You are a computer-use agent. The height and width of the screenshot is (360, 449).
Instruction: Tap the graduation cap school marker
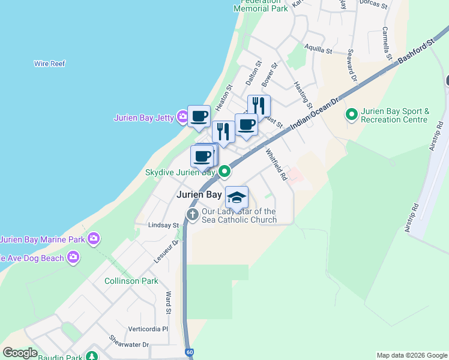(237, 197)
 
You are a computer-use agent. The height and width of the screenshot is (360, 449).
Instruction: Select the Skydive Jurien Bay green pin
(224, 172)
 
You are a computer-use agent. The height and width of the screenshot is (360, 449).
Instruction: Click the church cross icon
(193, 215)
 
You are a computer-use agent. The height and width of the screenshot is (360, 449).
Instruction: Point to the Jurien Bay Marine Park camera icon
(93, 239)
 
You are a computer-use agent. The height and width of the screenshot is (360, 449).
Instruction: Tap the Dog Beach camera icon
(73, 257)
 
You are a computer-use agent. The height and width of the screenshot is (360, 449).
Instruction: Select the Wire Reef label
(50, 64)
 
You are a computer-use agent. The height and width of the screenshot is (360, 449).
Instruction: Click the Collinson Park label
(131, 281)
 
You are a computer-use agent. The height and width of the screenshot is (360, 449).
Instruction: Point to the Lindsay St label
(163, 226)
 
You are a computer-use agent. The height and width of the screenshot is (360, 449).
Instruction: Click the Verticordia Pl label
(148, 329)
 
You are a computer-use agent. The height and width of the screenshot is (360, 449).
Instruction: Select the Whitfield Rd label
(275, 164)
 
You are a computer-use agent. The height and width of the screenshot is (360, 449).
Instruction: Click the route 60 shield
(190, 352)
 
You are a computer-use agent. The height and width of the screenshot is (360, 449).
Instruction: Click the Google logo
(20, 353)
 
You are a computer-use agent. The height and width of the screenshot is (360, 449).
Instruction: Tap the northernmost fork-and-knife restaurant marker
(259, 106)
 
